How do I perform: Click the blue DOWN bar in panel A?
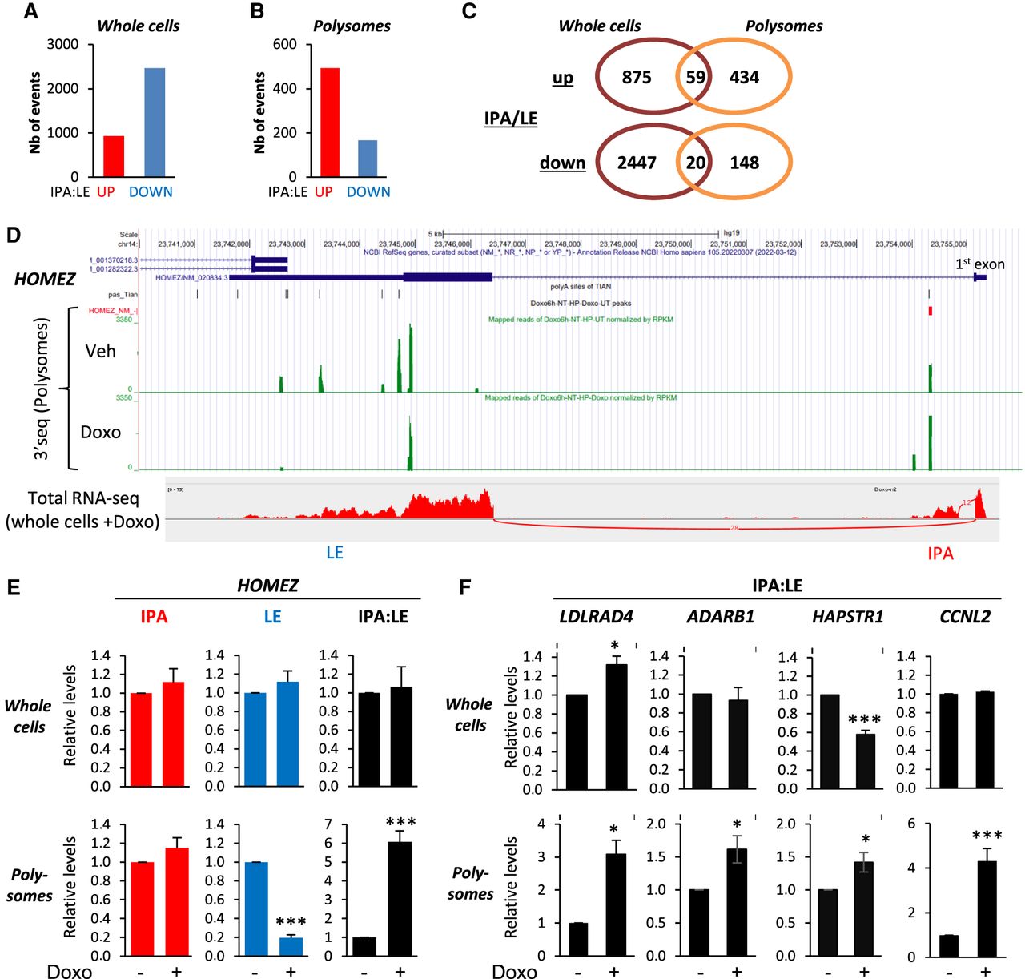[155, 123]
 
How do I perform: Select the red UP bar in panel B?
[329, 123]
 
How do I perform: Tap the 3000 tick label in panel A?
[62, 44]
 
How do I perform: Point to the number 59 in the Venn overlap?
[695, 77]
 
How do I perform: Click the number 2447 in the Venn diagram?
[637, 163]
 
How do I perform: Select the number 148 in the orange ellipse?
[744, 163]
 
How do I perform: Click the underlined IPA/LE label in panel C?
[510, 119]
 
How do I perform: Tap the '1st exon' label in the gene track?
[979, 264]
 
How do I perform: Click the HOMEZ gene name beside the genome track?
[45, 279]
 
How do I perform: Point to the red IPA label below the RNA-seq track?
[940, 553]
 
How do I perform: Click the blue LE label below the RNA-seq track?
[335, 552]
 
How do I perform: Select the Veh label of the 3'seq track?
[101, 351]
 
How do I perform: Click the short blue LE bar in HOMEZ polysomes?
[291, 946]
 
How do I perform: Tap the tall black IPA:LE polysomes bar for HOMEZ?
[400, 898]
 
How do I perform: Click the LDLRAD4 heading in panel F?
[596, 616]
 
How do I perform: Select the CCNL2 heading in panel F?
[964, 616]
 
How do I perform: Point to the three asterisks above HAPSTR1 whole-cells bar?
[865, 720]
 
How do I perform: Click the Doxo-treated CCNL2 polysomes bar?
[986, 908]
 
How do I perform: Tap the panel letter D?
[13, 235]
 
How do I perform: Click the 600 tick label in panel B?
[285, 44]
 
